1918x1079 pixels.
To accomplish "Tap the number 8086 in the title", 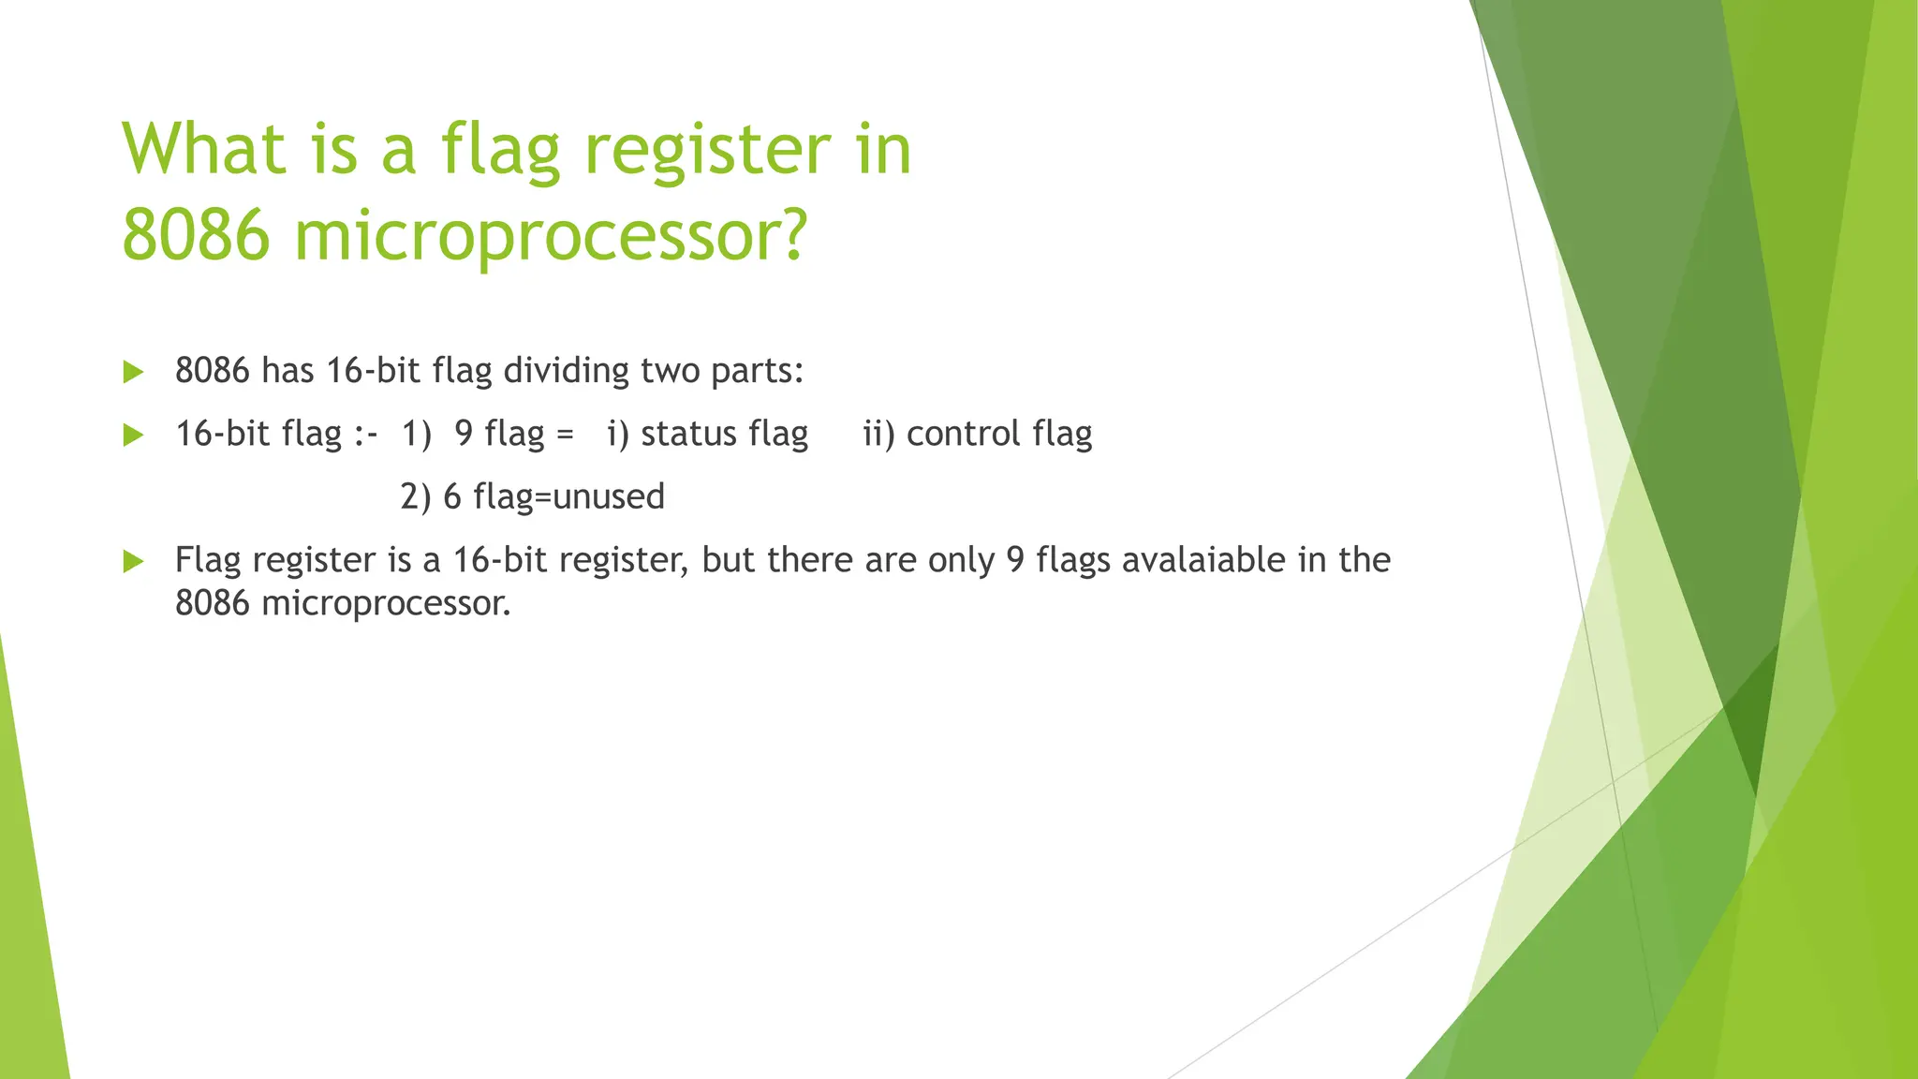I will pyautogui.click(x=197, y=235).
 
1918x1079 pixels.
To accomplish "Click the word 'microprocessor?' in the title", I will pyautogui.click(x=551, y=237).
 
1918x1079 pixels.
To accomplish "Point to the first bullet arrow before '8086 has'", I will pyautogui.click(x=133, y=373).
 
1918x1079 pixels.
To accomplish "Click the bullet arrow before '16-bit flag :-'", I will pyautogui.click(x=133, y=436).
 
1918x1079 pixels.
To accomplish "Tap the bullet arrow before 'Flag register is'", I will pyautogui.click(x=133, y=562).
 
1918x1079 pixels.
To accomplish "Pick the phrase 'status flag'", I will pyautogui.click(x=724, y=434).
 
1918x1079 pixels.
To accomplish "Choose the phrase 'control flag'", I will pyautogui.click(x=999, y=434).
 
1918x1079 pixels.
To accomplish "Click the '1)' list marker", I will pyautogui.click(x=416, y=434).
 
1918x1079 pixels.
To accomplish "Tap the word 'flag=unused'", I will pyautogui.click(x=568, y=496).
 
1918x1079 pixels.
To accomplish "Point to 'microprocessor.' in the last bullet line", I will pyautogui.click(x=386, y=603).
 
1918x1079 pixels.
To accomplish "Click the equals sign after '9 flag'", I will pyautogui.click(x=564, y=435).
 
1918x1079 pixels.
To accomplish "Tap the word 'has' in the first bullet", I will pyautogui.click(x=288, y=371).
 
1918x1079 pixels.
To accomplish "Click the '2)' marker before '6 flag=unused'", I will pyautogui.click(x=416, y=496).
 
